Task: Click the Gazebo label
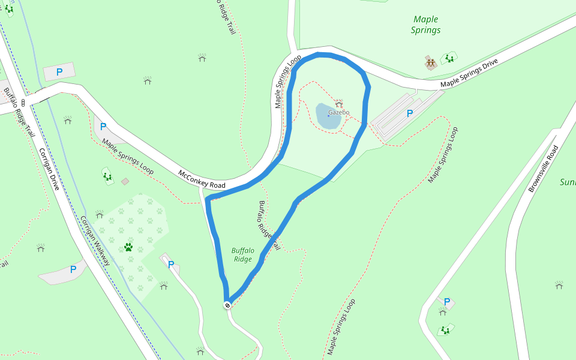(x=338, y=112)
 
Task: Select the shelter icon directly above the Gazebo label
(x=338, y=103)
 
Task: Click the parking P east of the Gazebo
(x=410, y=113)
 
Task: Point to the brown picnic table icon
(x=430, y=62)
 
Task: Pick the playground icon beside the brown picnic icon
(x=448, y=58)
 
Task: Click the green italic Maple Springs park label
(x=426, y=25)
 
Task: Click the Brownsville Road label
(x=543, y=169)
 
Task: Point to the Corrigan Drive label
(x=49, y=169)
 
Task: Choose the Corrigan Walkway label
(x=95, y=240)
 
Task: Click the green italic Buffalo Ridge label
(x=243, y=255)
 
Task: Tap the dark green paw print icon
(x=128, y=247)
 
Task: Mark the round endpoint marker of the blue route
(x=227, y=305)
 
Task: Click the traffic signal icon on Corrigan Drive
(x=23, y=102)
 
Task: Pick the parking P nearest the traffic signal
(x=59, y=72)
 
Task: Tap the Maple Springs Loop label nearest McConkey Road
(x=128, y=157)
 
